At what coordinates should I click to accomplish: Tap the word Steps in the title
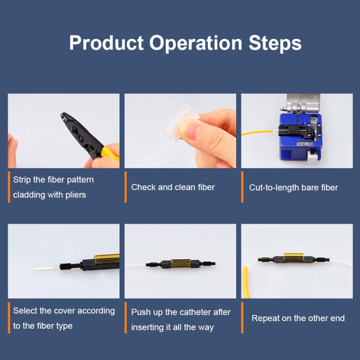click(275, 43)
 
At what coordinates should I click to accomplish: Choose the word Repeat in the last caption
click(265, 318)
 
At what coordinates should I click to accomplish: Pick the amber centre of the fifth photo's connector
click(180, 264)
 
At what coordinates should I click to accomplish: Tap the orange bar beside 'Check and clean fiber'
click(126, 187)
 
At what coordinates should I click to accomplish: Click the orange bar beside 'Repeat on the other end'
click(242, 317)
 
